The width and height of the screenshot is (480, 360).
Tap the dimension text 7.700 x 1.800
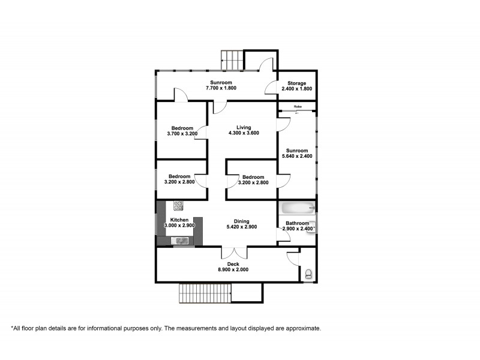(x=221, y=88)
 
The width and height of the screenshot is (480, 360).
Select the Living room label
(x=243, y=127)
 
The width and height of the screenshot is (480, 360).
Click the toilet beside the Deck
(x=308, y=274)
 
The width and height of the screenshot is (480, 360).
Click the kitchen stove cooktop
(x=178, y=206)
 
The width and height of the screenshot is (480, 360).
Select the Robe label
(x=297, y=107)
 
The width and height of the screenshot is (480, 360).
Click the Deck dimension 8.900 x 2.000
(x=233, y=270)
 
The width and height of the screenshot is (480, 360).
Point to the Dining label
(x=242, y=221)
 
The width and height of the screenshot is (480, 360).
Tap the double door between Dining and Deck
(x=233, y=252)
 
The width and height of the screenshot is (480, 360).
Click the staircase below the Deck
(x=205, y=293)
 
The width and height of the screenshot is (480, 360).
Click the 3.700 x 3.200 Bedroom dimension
(x=182, y=134)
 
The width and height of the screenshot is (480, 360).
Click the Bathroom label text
(x=298, y=223)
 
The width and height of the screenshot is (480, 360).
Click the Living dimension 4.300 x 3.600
(x=243, y=133)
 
